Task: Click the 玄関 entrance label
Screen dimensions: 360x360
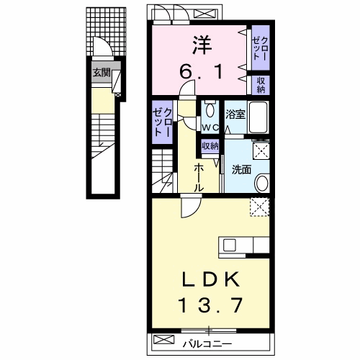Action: [x=102, y=72]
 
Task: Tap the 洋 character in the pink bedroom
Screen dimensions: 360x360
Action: [x=202, y=45]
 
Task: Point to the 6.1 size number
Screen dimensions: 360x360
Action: [x=202, y=72]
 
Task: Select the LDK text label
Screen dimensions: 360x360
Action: [x=211, y=279]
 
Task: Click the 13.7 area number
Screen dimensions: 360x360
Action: [x=210, y=305]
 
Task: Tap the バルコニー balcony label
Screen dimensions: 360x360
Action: [x=207, y=344]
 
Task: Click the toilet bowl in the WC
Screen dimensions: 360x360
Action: [x=210, y=110]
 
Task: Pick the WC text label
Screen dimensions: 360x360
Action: [x=210, y=127]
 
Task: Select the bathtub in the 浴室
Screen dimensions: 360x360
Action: [x=258, y=117]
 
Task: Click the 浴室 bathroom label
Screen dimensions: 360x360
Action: [x=235, y=114]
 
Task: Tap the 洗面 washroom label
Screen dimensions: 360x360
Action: [x=241, y=170]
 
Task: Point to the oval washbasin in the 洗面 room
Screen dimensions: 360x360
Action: [x=262, y=184]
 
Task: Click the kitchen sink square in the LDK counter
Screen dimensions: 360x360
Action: [x=230, y=246]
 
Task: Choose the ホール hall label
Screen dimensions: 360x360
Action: [x=199, y=178]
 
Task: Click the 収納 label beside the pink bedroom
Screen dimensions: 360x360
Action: [x=261, y=85]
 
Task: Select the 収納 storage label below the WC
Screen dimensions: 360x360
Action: [x=210, y=145]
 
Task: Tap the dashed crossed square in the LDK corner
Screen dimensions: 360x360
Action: [x=260, y=207]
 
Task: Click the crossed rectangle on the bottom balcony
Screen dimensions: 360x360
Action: [x=163, y=339]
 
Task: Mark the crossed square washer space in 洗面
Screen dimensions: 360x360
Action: [x=261, y=150]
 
